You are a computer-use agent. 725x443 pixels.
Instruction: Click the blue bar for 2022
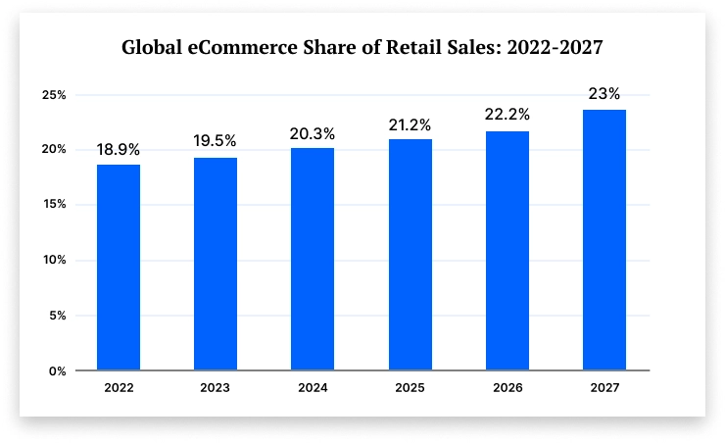pyautogui.click(x=118, y=268)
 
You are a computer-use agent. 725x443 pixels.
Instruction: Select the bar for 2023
pyautogui.click(x=215, y=265)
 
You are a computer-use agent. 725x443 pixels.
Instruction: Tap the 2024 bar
pyautogui.click(x=312, y=260)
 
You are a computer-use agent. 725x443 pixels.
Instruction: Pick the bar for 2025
pyautogui.click(x=410, y=255)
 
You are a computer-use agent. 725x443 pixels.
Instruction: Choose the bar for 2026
pyautogui.click(x=507, y=251)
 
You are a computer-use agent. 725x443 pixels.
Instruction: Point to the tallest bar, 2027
pyautogui.click(x=604, y=240)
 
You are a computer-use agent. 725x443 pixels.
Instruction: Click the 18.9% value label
pyautogui.click(x=118, y=150)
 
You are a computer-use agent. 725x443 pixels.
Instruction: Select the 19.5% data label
pyautogui.click(x=215, y=141)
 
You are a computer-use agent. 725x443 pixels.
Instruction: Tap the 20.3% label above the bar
pyautogui.click(x=312, y=133)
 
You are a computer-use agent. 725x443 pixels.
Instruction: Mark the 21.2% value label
pyautogui.click(x=410, y=124)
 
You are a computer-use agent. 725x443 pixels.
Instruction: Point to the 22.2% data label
pyautogui.click(x=507, y=116)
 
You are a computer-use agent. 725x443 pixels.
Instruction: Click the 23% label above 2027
pyautogui.click(x=604, y=94)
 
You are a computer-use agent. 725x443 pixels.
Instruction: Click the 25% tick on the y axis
pyautogui.click(x=54, y=95)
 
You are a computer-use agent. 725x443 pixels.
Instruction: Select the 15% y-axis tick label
pyautogui.click(x=54, y=205)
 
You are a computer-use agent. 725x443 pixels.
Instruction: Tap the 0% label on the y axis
pyautogui.click(x=58, y=371)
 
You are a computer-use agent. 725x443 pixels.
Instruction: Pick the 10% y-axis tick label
pyautogui.click(x=54, y=261)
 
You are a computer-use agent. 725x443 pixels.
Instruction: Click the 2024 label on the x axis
pyautogui.click(x=312, y=388)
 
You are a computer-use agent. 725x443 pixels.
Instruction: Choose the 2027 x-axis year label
pyautogui.click(x=604, y=388)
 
